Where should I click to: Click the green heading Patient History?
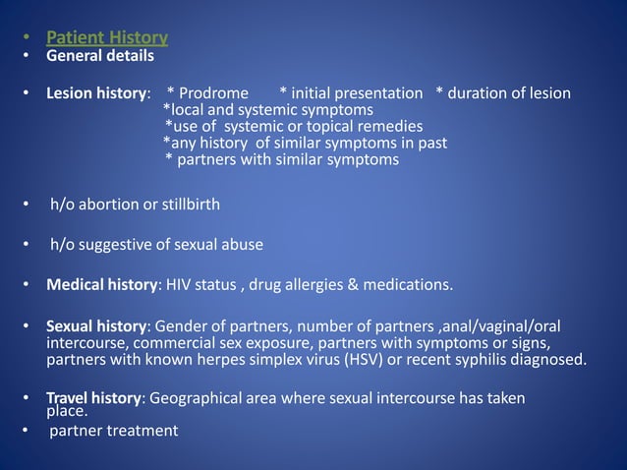click(x=107, y=38)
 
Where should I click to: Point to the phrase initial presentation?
click(x=356, y=93)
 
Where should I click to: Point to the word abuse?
click(x=242, y=244)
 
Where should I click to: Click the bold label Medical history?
click(x=102, y=285)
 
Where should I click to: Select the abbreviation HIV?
click(x=179, y=285)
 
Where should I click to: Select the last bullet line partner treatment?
click(x=114, y=431)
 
